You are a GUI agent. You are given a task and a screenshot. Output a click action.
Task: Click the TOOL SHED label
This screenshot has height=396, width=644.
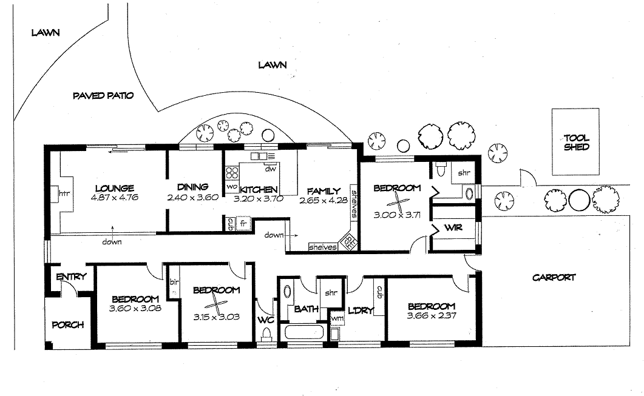[x=576, y=143]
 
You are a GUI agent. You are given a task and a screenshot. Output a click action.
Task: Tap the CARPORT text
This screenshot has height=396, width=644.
[x=553, y=278]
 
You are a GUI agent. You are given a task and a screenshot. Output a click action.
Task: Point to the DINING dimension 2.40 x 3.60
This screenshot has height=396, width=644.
[x=192, y=197]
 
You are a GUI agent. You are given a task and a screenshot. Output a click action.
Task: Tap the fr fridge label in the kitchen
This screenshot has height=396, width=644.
[x=243, y=223]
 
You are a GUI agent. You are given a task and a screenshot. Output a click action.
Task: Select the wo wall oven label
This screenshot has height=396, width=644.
[x=231, y=187]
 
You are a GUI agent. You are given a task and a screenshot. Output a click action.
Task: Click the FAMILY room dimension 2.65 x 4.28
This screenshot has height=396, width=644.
[x=322, y=200]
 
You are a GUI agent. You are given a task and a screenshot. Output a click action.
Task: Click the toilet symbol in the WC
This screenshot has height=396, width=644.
[x=266, y=334]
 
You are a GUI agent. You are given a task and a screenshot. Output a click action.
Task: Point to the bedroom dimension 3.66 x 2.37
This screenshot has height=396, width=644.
[x=432, y=315]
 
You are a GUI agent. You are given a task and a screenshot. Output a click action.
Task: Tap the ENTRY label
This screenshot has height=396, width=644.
[x=71, y=277]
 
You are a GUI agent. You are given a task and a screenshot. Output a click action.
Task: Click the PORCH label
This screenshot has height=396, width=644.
[x=67, y=324]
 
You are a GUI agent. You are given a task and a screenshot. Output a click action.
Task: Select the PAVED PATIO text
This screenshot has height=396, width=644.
[x=103, y=96]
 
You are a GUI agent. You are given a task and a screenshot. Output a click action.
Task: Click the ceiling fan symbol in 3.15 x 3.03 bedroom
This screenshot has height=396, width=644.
[x=216, y=305]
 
